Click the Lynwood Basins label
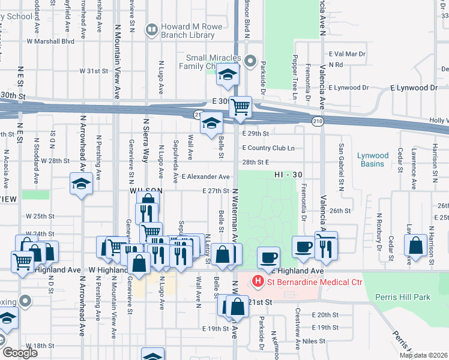click(373, 160)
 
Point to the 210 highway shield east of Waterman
click(318, 121)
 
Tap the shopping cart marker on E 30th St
click(240, 107)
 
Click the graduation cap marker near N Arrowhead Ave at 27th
click(81, 184)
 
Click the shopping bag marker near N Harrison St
click(415, 244)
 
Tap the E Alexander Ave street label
click(206, 177)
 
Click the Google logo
click(20, 353)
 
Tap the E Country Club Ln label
click(268, 148)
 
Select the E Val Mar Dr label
click(346, 54)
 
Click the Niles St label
click(313, 341)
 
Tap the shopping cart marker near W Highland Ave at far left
click(22, 262)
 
